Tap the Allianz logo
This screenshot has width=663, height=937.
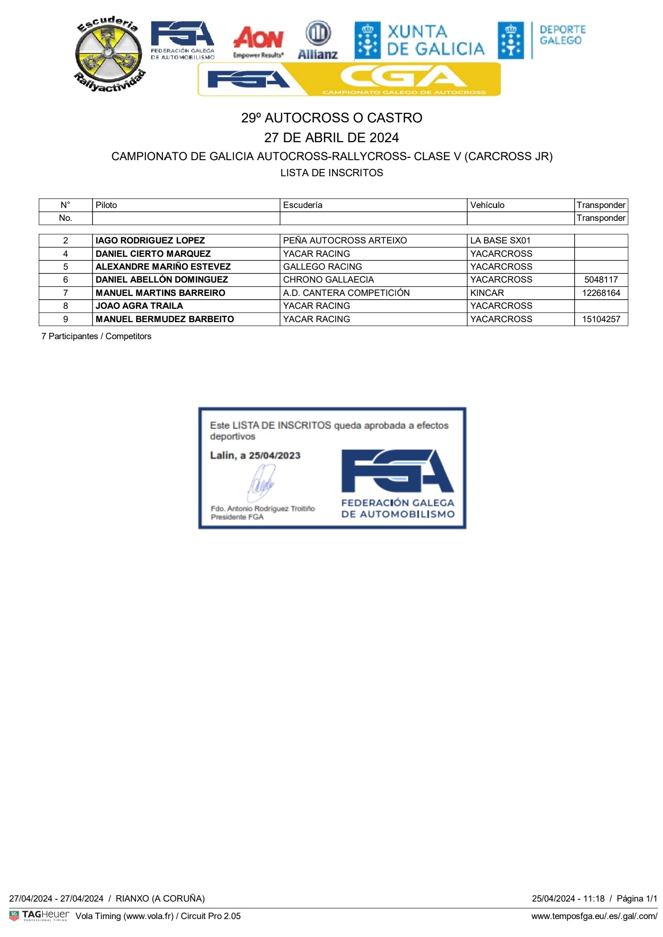318,40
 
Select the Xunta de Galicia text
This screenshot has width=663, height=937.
435,40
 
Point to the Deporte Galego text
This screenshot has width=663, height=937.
562,35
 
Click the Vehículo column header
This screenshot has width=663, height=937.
487,205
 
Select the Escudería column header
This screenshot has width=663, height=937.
302,205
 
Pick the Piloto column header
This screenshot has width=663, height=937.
106,205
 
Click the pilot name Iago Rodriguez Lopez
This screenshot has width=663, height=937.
150,241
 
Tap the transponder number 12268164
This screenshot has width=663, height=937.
601,293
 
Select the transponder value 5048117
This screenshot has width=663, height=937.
601,280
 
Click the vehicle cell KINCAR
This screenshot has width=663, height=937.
487,293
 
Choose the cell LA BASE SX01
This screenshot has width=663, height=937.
500,241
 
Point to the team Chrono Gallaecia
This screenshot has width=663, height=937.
328,280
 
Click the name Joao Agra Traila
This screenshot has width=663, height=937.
139,306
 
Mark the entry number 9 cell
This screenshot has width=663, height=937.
65,319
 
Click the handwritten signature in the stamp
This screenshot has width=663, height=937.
262,483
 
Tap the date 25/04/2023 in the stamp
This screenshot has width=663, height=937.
274,456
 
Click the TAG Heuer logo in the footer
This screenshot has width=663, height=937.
40,915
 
